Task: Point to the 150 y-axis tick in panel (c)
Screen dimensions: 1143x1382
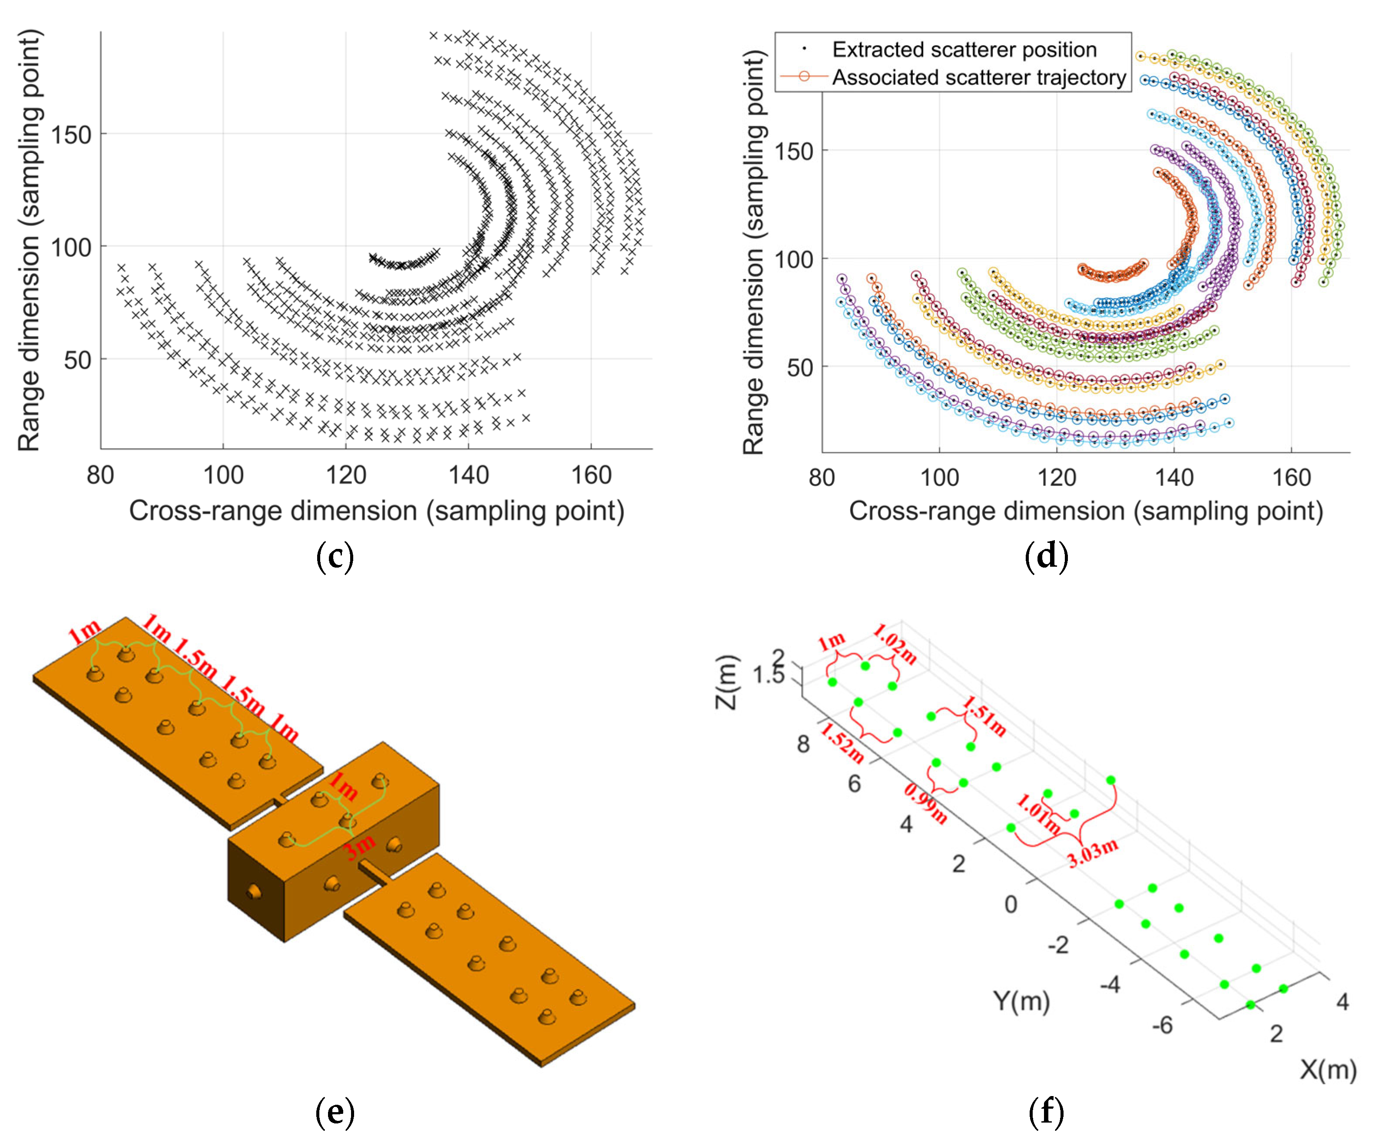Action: click(x=71, y=135)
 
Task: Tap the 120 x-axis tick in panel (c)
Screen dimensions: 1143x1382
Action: click(x=346, y=475)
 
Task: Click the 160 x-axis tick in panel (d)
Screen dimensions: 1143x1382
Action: click(x=1291, y=477)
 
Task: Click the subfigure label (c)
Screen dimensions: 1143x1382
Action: click(x=335, y=556)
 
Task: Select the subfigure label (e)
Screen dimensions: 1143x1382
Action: click(x=335, y=1112)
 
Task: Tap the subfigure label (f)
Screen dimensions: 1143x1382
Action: click(x=1046, y=1112)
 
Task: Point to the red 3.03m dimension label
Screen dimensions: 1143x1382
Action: click(x=1093, y=853)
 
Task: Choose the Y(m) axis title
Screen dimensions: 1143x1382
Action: click(x=1021, y=1001)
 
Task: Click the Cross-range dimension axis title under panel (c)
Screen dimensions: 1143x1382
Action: click(x=376, y=511)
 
